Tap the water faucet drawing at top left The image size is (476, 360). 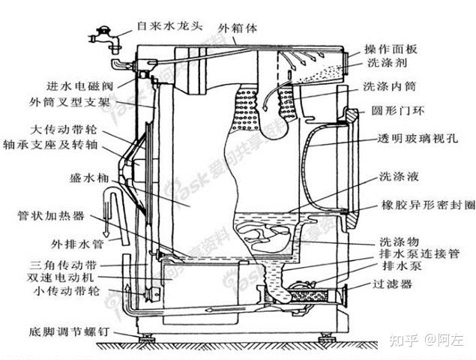pyautogui.click(x=101, y=37)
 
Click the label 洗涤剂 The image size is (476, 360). pyautogui.click(x=384, y=67)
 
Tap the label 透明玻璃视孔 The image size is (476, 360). pyautogui.click(x=412, y=140)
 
